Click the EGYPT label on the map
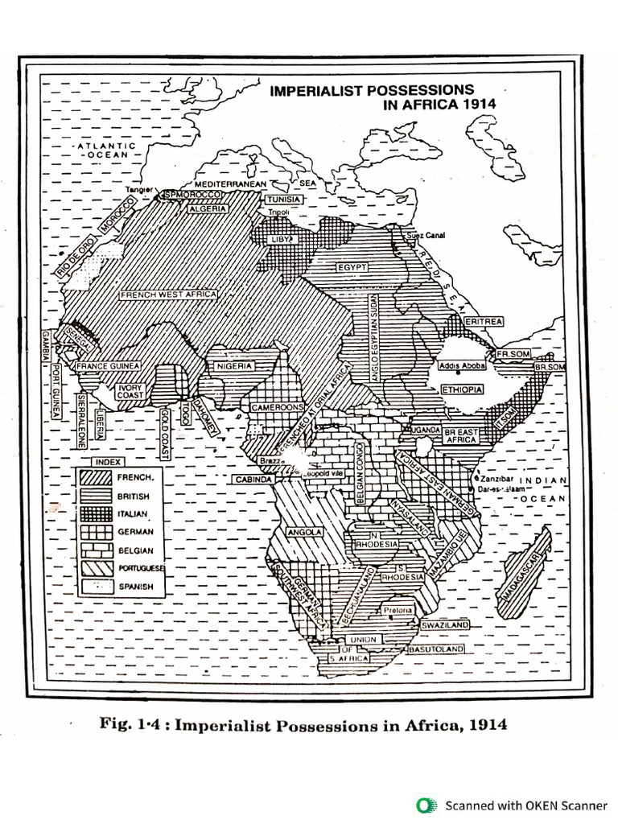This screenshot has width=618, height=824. click(352, 266)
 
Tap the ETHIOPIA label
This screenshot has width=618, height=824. click(462, 389)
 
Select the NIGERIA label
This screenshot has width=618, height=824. click(233, 366)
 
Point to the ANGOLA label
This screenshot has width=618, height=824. click(305, 532)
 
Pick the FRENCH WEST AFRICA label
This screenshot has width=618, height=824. click(168, 295)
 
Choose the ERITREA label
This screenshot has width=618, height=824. click(484, 321)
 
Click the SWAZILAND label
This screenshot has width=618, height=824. click(445, 625)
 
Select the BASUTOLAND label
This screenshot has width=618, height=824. click(435, 649)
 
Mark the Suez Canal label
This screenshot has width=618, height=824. click(426, 235)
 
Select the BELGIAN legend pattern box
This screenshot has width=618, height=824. click(96, 550)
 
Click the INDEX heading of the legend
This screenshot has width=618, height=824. click(108, 462)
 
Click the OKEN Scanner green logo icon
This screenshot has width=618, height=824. click(426, 805)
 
